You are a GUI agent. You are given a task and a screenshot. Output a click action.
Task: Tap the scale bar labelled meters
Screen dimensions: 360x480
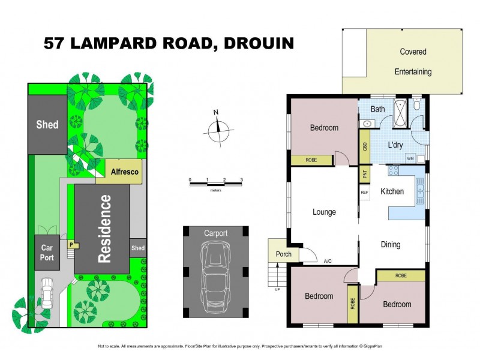pyautogui.click(x=215, y=184)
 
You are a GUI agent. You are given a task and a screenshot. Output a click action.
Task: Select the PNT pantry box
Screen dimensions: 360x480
pyautogui.click(x=364, y=174)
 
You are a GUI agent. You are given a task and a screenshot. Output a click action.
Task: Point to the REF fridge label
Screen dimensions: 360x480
pyautogui.click(x=364, y=193)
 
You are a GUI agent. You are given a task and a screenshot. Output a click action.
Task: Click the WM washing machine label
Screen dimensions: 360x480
pyautogui.click(x=410, y=158)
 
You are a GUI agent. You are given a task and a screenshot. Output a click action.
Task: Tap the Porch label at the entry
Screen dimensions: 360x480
pyautogui.click(x=283, y=254)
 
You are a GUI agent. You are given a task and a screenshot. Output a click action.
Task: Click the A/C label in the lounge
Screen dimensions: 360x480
pyautogui.click(x=328, y=262)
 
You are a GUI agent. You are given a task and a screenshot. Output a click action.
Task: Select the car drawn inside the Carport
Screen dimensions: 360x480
pyautogui.click(x=215, y=274)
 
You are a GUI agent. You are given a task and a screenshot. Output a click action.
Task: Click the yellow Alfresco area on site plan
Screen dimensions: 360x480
pyautogui.click(x=125, y=172)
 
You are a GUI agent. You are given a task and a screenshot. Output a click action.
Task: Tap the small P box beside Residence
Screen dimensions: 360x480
pyautogui.click(x=71, y=245)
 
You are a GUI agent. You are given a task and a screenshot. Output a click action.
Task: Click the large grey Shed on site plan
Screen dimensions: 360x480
pyautogui.click(x=47, y=124)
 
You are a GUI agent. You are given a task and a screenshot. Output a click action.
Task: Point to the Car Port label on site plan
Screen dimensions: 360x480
pyautogui.click(x=47, y=252)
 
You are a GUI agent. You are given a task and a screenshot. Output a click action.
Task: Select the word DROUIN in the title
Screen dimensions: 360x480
pyautogui.click(x=258, y=43)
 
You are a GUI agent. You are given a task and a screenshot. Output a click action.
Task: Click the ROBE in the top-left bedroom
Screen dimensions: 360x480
pyautogui.click(x=311, y=160)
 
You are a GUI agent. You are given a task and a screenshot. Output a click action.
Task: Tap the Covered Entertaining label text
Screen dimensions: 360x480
pyautogui.click(x=413, y=62)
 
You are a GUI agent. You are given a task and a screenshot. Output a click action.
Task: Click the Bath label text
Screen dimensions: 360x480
pyautogui.click(x=377, y=109)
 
